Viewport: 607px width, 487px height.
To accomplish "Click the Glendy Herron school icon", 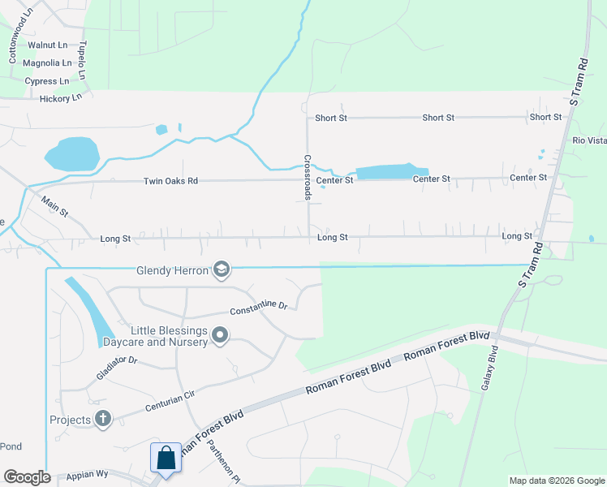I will [221, 270].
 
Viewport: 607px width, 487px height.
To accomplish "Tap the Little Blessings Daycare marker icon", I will [220, 335].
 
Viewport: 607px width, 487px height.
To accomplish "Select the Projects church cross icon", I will [102, 419].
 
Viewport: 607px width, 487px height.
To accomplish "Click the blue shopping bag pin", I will [166, 458].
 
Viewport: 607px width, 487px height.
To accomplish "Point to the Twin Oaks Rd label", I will [170, 181].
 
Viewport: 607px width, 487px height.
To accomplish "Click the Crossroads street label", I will [308, 178].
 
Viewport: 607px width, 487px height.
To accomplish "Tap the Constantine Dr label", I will [259, 309].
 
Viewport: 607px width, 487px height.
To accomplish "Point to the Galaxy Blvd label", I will [489, 370].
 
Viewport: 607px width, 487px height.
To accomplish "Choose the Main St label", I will [55, 209].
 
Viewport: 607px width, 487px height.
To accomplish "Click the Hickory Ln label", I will [61, 98].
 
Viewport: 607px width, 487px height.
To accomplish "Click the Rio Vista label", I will [589, 140].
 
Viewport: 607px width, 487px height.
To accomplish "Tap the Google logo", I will [27, 477].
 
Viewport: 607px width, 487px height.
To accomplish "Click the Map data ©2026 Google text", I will [556, 481].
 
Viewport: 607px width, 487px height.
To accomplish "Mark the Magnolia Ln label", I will [47, 62].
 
